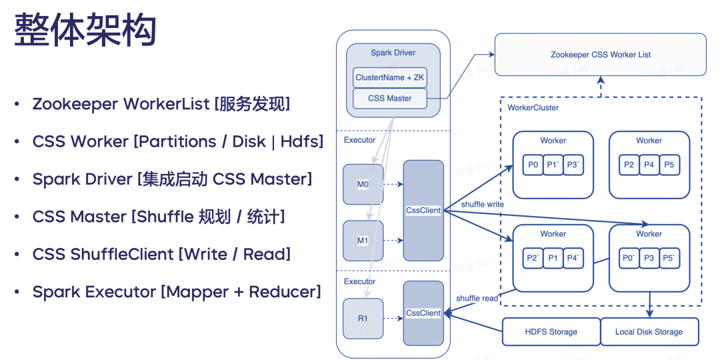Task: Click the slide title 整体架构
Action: coord(85,31)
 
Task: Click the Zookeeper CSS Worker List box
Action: coord(600,55)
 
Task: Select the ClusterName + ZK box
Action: coord(390,77)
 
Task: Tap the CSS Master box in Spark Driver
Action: coord(390,99)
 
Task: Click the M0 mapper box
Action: coord(363,184)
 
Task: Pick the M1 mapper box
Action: coord(363,241)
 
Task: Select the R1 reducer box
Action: coord(363,318)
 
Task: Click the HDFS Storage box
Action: coord(550,331)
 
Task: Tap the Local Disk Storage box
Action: coord(649,331)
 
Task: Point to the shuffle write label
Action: coord(482,204)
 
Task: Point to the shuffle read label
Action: coord(477,298)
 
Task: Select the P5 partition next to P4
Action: coord(669,165)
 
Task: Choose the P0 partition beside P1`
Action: coord(532,165)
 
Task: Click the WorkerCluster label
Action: coord(533,107)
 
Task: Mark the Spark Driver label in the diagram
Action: coord(393,53)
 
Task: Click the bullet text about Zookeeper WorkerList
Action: coord(161,104)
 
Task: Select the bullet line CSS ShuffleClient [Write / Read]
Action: coord(161,254)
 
